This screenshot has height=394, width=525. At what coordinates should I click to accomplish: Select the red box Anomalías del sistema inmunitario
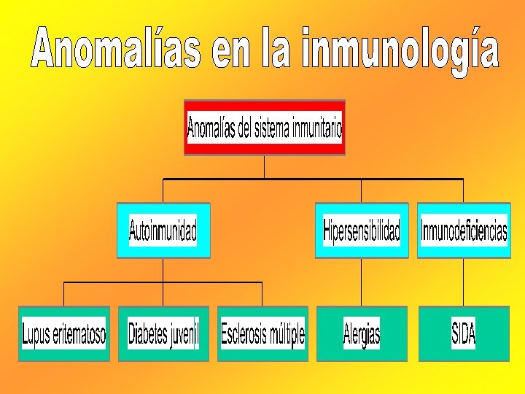pyautogui.click(x=264, y=128)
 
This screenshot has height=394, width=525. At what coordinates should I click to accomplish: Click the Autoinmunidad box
pyautogui.click(x=163, y=231)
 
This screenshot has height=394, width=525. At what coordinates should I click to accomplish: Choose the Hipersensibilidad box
pyautogui.click(x=362, y=231)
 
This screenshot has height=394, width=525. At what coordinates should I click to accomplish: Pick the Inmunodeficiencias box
pyautogui.click(x=464, y=231)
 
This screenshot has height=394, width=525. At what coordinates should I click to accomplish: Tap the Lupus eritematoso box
pyautogui.click(x=64, y=334)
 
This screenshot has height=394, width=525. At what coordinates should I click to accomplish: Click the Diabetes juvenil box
pyautogui.click(x=163, y=334)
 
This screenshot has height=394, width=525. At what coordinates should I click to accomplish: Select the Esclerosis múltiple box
pyautogui.click(x=262, y=334)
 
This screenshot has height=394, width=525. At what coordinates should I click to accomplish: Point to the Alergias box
pyautogui.click(x=362, y=334)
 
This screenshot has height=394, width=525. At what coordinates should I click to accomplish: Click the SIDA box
pyautogui.click(x=464, y=334)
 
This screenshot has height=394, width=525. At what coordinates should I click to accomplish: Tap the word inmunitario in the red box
pyautogui.click(x=317, y=128)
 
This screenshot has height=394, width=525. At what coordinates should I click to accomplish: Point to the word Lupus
pyautogui.click(x=36, y=335)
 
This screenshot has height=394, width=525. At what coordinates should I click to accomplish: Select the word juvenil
pyautogui.click(x=184, y=335)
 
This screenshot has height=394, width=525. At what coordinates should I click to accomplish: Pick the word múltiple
pyautogui.click(x=287, y=335)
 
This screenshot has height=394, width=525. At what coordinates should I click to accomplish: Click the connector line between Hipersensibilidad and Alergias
pyautogui.click(x=362, y=282)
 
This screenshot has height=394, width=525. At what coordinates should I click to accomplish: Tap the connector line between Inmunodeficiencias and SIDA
pyautogui.click(x=464, y=282)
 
